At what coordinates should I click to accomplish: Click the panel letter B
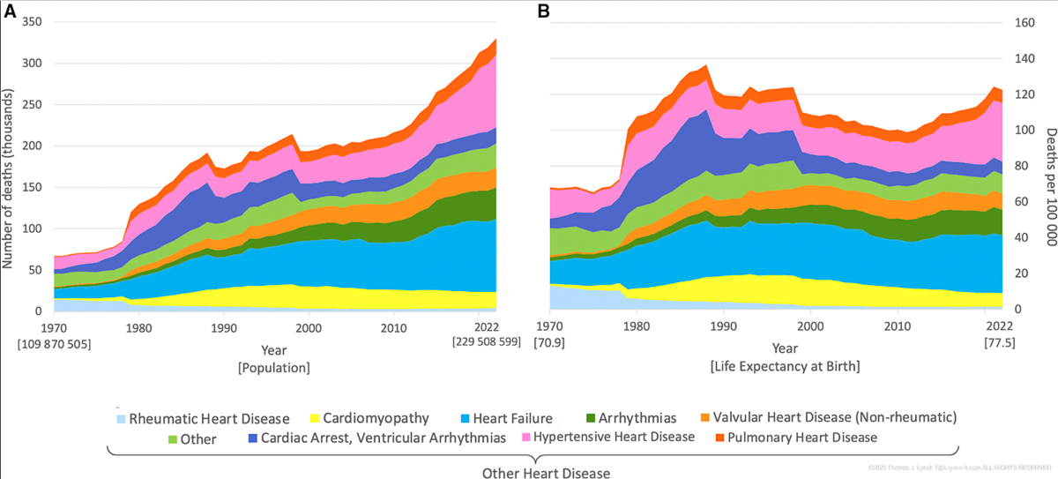(544, 11)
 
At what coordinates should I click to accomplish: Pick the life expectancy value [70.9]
(549, 341)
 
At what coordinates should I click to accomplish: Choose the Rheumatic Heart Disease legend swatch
(121, 418)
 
